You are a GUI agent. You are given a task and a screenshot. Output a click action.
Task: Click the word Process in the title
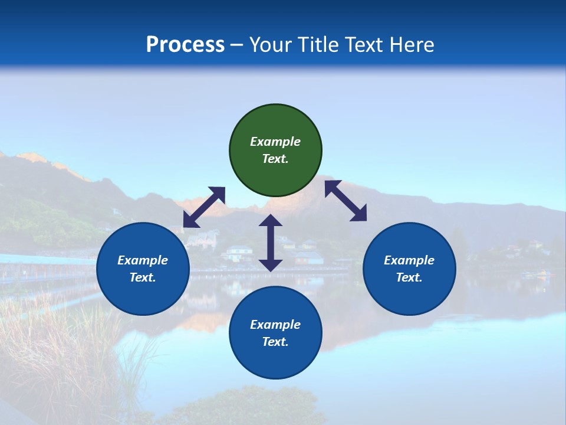pos(185,45)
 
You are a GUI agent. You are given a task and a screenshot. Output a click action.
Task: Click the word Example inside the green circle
pos(275,142)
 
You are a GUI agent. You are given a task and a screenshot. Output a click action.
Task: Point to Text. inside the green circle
pos(275,159)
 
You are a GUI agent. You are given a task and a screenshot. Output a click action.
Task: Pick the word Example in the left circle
pos(143,260)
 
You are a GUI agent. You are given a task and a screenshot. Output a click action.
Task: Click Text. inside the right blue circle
pos(409,277)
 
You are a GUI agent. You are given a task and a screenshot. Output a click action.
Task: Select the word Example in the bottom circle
pos(275,325)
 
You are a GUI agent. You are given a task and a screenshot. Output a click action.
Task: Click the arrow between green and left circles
pos(204,207)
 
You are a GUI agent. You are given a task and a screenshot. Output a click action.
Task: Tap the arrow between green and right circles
pos(346,201)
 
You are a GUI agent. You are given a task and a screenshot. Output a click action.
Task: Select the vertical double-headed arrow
pos(271,243)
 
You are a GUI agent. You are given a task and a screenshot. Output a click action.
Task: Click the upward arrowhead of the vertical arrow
pos(271,220)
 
